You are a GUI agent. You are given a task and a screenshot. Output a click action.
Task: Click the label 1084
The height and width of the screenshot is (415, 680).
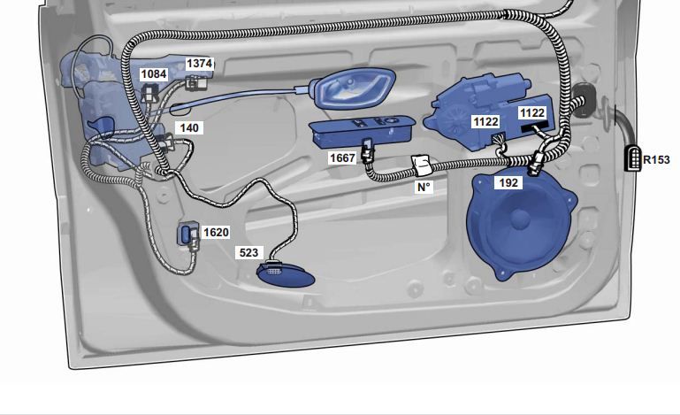pyautogui.click(x=154, y=74)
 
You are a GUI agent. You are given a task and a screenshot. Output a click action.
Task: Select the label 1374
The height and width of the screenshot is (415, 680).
pyautogui.click(x=200, y=64)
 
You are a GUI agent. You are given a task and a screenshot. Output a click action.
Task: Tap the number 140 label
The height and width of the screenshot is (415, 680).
pyautogui.click(x=189, y=128)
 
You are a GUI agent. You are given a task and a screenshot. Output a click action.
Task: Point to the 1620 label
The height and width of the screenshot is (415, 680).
pyautogui.click(x=216, y=233)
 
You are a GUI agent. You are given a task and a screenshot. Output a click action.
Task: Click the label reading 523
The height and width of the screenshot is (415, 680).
pyautogui.click(x=249, y=253)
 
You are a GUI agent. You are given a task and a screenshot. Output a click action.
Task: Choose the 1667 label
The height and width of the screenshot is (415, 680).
pyautogui.click(x=342, y=158)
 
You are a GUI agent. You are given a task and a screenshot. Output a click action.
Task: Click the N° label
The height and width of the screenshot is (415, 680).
pyautogui.click(x=424, y=187)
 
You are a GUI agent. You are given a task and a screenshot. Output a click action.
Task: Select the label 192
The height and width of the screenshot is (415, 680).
pyautogui.click(x=508, y=183)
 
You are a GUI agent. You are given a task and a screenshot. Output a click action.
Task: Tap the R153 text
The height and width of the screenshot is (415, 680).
pyautogui.click(x=656, y=160)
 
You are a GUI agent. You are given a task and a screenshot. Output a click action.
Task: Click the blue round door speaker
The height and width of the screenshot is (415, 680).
pyautogui.click(x=521, y=226)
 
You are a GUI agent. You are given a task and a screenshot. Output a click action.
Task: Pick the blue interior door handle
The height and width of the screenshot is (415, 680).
pyautogui.click(x=354, y=88)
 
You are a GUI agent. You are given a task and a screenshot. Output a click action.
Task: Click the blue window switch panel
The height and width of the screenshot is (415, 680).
pyautogui.click(x=362, y=131)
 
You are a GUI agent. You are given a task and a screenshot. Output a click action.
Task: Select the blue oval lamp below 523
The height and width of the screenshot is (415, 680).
pyautogui.click(x=286, y=275)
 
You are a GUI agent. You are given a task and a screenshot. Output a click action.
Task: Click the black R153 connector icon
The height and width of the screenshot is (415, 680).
pyautogui.click(x=633, y=158)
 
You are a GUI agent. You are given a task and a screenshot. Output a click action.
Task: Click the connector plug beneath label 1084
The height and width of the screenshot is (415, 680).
pyautogui.click(x=150, y=92)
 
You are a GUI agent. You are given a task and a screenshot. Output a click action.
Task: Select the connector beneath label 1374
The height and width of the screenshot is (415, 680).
pyautogui.click(x=196, y=82)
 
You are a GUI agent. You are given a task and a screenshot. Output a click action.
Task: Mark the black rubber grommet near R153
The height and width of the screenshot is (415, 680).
pyautogui.click(x=583, y=101)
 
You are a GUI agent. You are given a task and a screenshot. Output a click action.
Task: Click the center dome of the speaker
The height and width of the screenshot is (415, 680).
pyautogui.click(x=520, y=219)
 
